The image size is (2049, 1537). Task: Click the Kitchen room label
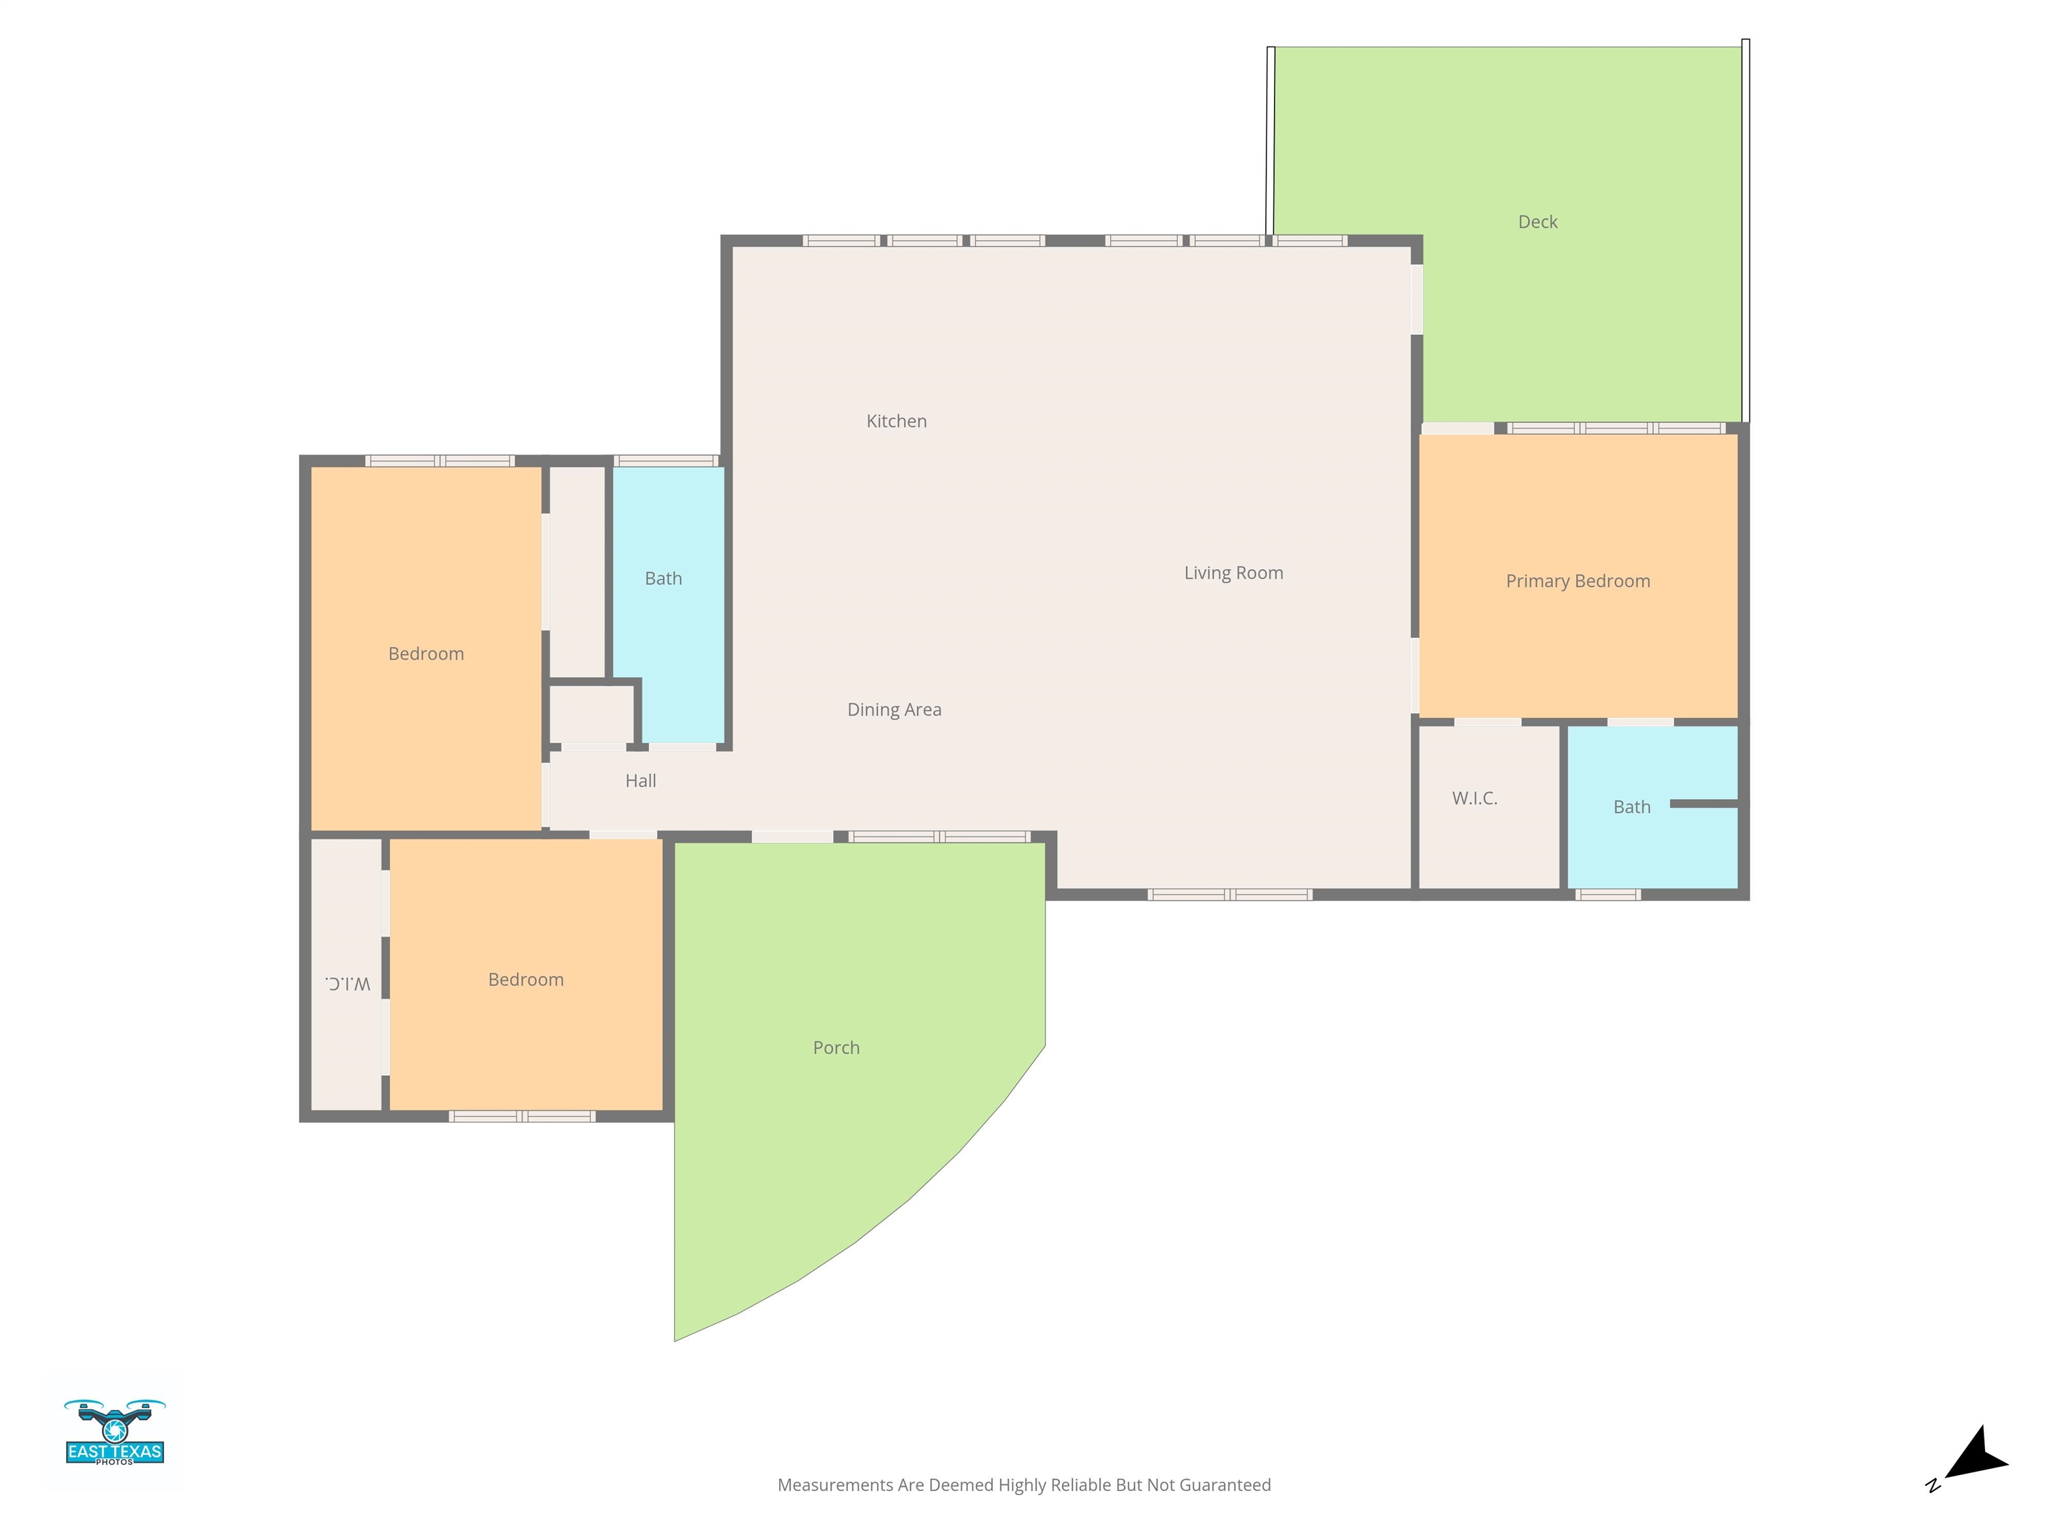pyautogui.click(x=896, y=422)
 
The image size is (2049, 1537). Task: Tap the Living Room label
pyautogui.click(x=1233, y=574)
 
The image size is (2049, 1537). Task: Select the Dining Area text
pyautogui.click(x=894, y=710)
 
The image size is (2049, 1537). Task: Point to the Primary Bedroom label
pyautogui.click(x=1577, y=582)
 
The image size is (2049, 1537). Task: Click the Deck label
pyautogui.click(x=1537, y=222)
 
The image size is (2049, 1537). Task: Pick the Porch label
pyautogui.click(x=836, y=1048)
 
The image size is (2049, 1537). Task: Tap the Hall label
pyautogui.click(x=640, y=781)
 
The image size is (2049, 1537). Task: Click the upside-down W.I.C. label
pyautogui.click(x=348, y=983)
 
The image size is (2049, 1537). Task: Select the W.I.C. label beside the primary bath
pyautogui.click(x=1474, y=799)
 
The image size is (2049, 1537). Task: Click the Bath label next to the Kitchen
pyautogui.click(x=663, y=579)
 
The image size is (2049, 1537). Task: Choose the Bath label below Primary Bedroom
pyautogui.click(x=1631, y=807)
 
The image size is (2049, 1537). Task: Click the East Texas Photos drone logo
pyautogui.click(x=115, y=1432)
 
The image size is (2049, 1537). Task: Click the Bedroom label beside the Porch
pyautogui.click(x=525, y=980)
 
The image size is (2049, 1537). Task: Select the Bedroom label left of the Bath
pyautogui.click(x=425, y=654)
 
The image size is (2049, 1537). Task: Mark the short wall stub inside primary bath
pyautogui.click(x=1703, y=804)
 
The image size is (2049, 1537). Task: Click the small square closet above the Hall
pyautogui.click(x=591, y=714)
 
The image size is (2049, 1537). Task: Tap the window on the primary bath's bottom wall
pyautogui.click(x=1607, y=895)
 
